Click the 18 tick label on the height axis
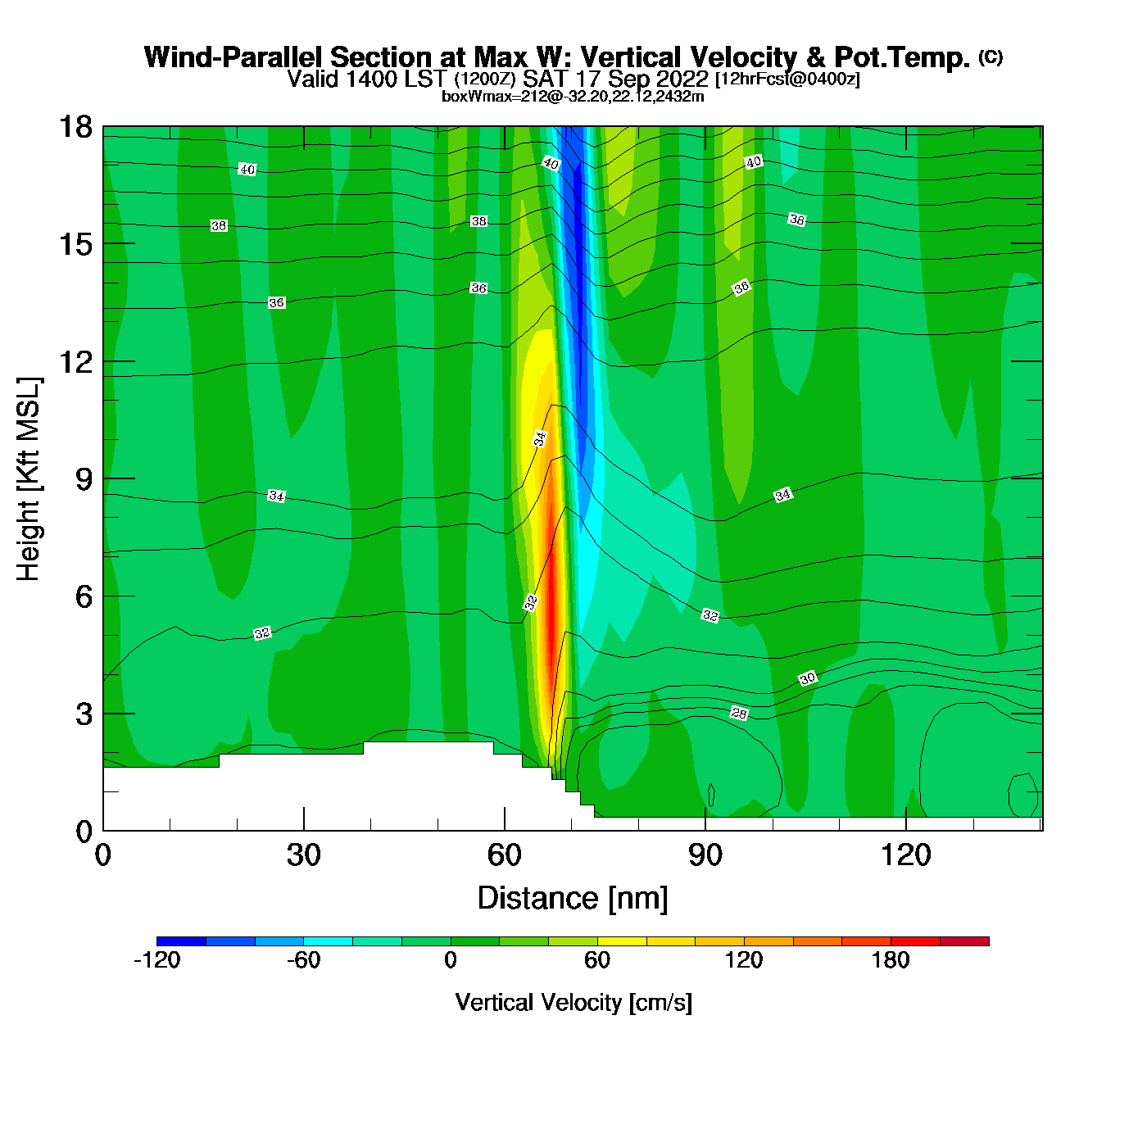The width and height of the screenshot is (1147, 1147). [x=75, y=127]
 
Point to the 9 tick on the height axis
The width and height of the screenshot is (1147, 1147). [x=103, y=478]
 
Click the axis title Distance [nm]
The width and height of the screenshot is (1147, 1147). [x=573, y=899]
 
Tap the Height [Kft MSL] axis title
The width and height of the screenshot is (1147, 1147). [x=29, y=479]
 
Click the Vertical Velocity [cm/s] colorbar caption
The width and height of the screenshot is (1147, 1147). [x=573, y=1003]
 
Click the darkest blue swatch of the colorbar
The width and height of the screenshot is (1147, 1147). [x=181, y=941]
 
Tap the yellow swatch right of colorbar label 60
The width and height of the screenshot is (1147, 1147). [x=622, y=941]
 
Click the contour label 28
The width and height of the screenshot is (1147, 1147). [x=739, y=714]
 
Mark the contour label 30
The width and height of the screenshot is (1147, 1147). [x=808, y=678]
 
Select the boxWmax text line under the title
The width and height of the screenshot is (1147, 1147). [x=573, y=97]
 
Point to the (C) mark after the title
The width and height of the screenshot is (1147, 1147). [x=991, y=57]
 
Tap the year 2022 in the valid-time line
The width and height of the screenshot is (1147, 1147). [x=682, y=79]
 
